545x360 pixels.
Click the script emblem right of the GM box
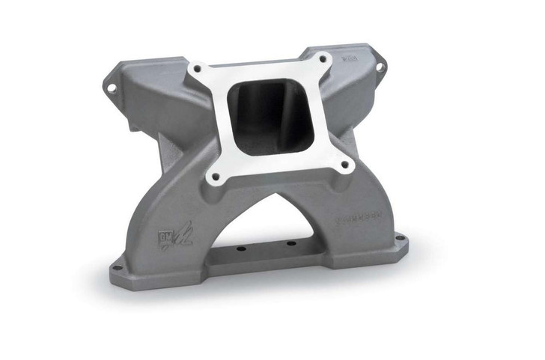(181, 237)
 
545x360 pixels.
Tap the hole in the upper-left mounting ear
(112, 88)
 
